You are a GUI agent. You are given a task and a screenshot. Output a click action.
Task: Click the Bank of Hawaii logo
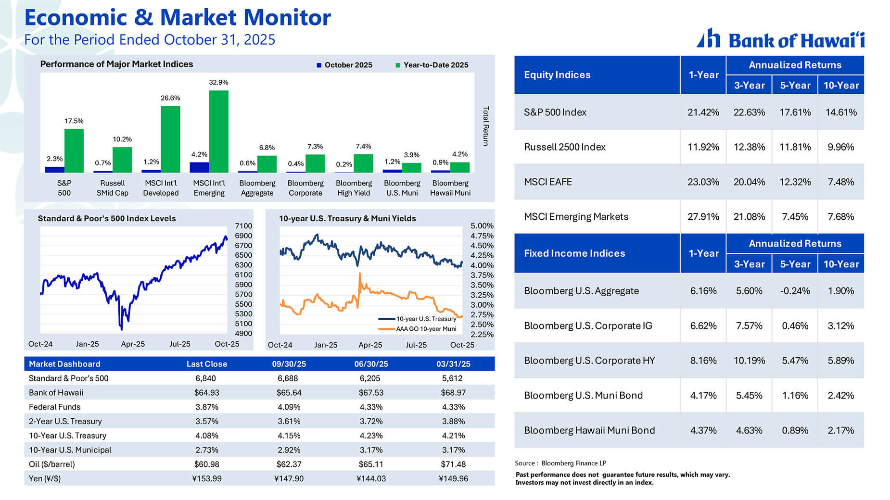pos(780,39)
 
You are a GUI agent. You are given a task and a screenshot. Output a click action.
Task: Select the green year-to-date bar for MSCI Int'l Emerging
pos(218,131)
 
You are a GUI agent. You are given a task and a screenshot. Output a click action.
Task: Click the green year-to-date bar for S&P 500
pos(74,150)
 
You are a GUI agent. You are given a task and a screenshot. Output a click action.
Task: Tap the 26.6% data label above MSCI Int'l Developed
pos(170,98)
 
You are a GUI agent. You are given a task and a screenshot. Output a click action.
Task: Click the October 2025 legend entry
pos(344,65)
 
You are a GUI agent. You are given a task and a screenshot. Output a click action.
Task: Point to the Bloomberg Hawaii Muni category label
pos(450,188)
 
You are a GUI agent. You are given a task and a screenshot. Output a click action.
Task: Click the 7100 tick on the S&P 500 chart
pos(243,226)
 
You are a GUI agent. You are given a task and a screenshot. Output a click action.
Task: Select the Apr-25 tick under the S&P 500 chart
pos(133,344)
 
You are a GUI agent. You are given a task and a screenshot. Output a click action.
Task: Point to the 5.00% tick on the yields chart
pos(482,226)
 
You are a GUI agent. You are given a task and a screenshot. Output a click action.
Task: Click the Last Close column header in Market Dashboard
pos(206,364)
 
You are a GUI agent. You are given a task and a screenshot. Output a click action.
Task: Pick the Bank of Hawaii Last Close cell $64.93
pos(206,393)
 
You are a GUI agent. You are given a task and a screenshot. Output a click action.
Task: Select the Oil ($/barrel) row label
pos(51,464)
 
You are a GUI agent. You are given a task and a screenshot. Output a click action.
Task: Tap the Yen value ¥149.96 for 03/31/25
pos(453,479)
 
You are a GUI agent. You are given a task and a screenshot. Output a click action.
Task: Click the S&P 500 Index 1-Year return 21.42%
pos(703,112)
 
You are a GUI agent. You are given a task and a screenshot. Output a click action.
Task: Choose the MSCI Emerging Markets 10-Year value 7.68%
pos(840,217)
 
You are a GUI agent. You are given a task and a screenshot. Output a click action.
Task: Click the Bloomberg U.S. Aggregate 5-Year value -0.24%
pos(795,291)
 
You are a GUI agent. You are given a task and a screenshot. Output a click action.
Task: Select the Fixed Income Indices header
pos(574,253)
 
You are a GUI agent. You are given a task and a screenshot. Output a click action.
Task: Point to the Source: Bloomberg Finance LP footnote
pos(560,463)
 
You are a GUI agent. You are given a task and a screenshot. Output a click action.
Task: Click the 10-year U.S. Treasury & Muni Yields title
pos(347,218)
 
